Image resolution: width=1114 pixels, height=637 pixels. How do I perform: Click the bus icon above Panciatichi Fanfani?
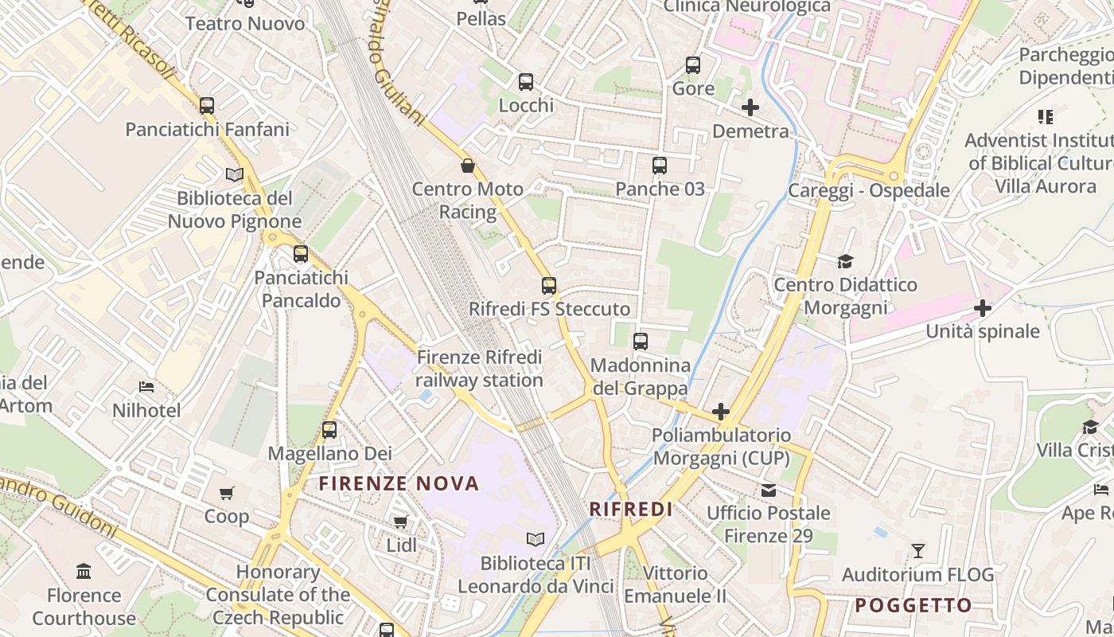207,105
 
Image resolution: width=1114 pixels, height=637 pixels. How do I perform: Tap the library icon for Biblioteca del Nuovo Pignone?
234,174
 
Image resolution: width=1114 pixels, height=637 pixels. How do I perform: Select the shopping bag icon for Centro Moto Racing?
468,166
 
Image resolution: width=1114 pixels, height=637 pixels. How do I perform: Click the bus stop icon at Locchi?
526,81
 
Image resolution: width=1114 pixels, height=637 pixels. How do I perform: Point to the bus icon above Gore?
693,64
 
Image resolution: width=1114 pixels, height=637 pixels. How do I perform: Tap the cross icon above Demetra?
750,107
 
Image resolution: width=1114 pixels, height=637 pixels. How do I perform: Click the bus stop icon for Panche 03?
660,166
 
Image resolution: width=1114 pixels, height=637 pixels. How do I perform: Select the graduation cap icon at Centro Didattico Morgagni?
845,261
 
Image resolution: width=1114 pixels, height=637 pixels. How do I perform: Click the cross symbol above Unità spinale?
983,307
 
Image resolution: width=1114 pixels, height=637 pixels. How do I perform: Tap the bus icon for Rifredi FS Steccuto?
549,286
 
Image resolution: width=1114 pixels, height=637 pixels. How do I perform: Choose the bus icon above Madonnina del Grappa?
641,342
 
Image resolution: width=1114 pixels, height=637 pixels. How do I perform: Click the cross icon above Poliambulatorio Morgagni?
721,412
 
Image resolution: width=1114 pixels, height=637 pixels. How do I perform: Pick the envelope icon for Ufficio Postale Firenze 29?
769,490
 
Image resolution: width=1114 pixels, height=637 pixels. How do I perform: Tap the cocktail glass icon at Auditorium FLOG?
918,550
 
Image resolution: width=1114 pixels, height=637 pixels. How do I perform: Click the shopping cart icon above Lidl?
401,522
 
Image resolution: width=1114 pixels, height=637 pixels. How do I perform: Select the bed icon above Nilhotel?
146,387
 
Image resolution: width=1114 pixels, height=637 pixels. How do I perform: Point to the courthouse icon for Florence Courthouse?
84,571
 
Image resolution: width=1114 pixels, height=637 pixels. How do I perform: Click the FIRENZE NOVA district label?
399,483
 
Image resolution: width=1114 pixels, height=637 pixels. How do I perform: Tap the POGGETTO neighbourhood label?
913,605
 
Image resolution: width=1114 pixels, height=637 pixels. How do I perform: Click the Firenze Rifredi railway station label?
479,369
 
